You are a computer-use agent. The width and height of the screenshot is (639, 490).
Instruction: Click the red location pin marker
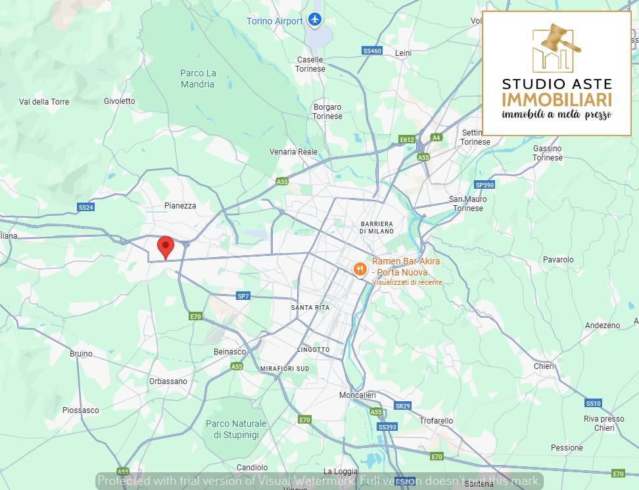[x=166, y=247]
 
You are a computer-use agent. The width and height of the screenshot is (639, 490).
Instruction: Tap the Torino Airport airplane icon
[x=315, y=20]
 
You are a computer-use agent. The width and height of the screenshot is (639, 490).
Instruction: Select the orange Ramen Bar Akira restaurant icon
[x=360, y=268]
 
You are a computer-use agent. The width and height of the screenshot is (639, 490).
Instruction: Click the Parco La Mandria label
[x=198, y=78]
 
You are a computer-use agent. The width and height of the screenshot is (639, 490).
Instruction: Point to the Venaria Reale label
[x=293, y=151]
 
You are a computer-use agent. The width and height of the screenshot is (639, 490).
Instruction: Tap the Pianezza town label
[x=180, y=205]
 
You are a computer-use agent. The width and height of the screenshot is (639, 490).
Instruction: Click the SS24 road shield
[x=85, y=207]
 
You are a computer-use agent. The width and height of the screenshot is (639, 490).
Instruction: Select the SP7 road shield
[x=243, y=296]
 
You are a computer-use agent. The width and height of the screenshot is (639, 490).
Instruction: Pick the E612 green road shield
[x=407, y=139]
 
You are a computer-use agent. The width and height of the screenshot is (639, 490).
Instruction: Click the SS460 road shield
[x=371, y=51]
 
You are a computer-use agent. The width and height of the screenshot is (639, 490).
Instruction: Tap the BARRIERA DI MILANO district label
[x=377, y=227]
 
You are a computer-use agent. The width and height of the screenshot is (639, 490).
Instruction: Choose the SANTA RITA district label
[x=310, y=307]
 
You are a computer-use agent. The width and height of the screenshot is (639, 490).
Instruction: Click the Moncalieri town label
[x=357, y=395]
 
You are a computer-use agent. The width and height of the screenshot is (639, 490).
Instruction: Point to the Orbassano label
[x=168, y=381]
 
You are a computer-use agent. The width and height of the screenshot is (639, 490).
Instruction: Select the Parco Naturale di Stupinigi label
[x=236, y=429]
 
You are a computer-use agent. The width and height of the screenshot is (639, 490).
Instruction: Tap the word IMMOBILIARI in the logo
[x=556, y=99]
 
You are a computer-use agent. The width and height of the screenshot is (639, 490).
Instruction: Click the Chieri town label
[x=544, y=366]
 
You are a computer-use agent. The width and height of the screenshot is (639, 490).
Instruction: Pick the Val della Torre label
[x=44, y=101]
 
